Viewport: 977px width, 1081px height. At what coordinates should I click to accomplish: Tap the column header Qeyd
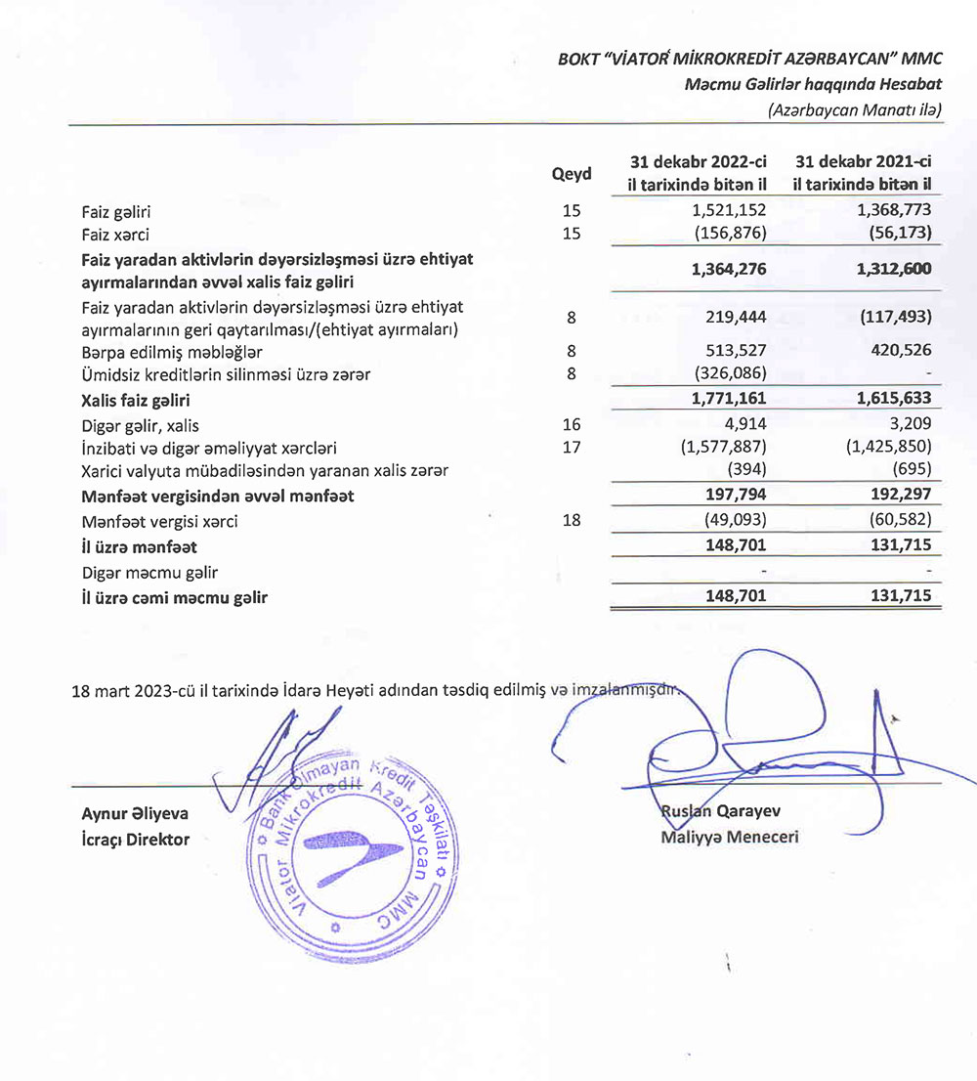click(572, 174)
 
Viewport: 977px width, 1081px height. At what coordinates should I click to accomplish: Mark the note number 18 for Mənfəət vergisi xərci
click(572, 521)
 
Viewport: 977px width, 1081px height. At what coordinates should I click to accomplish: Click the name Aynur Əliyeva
click(136, 813)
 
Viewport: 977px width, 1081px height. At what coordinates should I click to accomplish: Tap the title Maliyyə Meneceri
click(729, 837)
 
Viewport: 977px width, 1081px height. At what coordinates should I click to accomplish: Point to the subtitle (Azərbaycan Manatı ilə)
click(855, 109)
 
